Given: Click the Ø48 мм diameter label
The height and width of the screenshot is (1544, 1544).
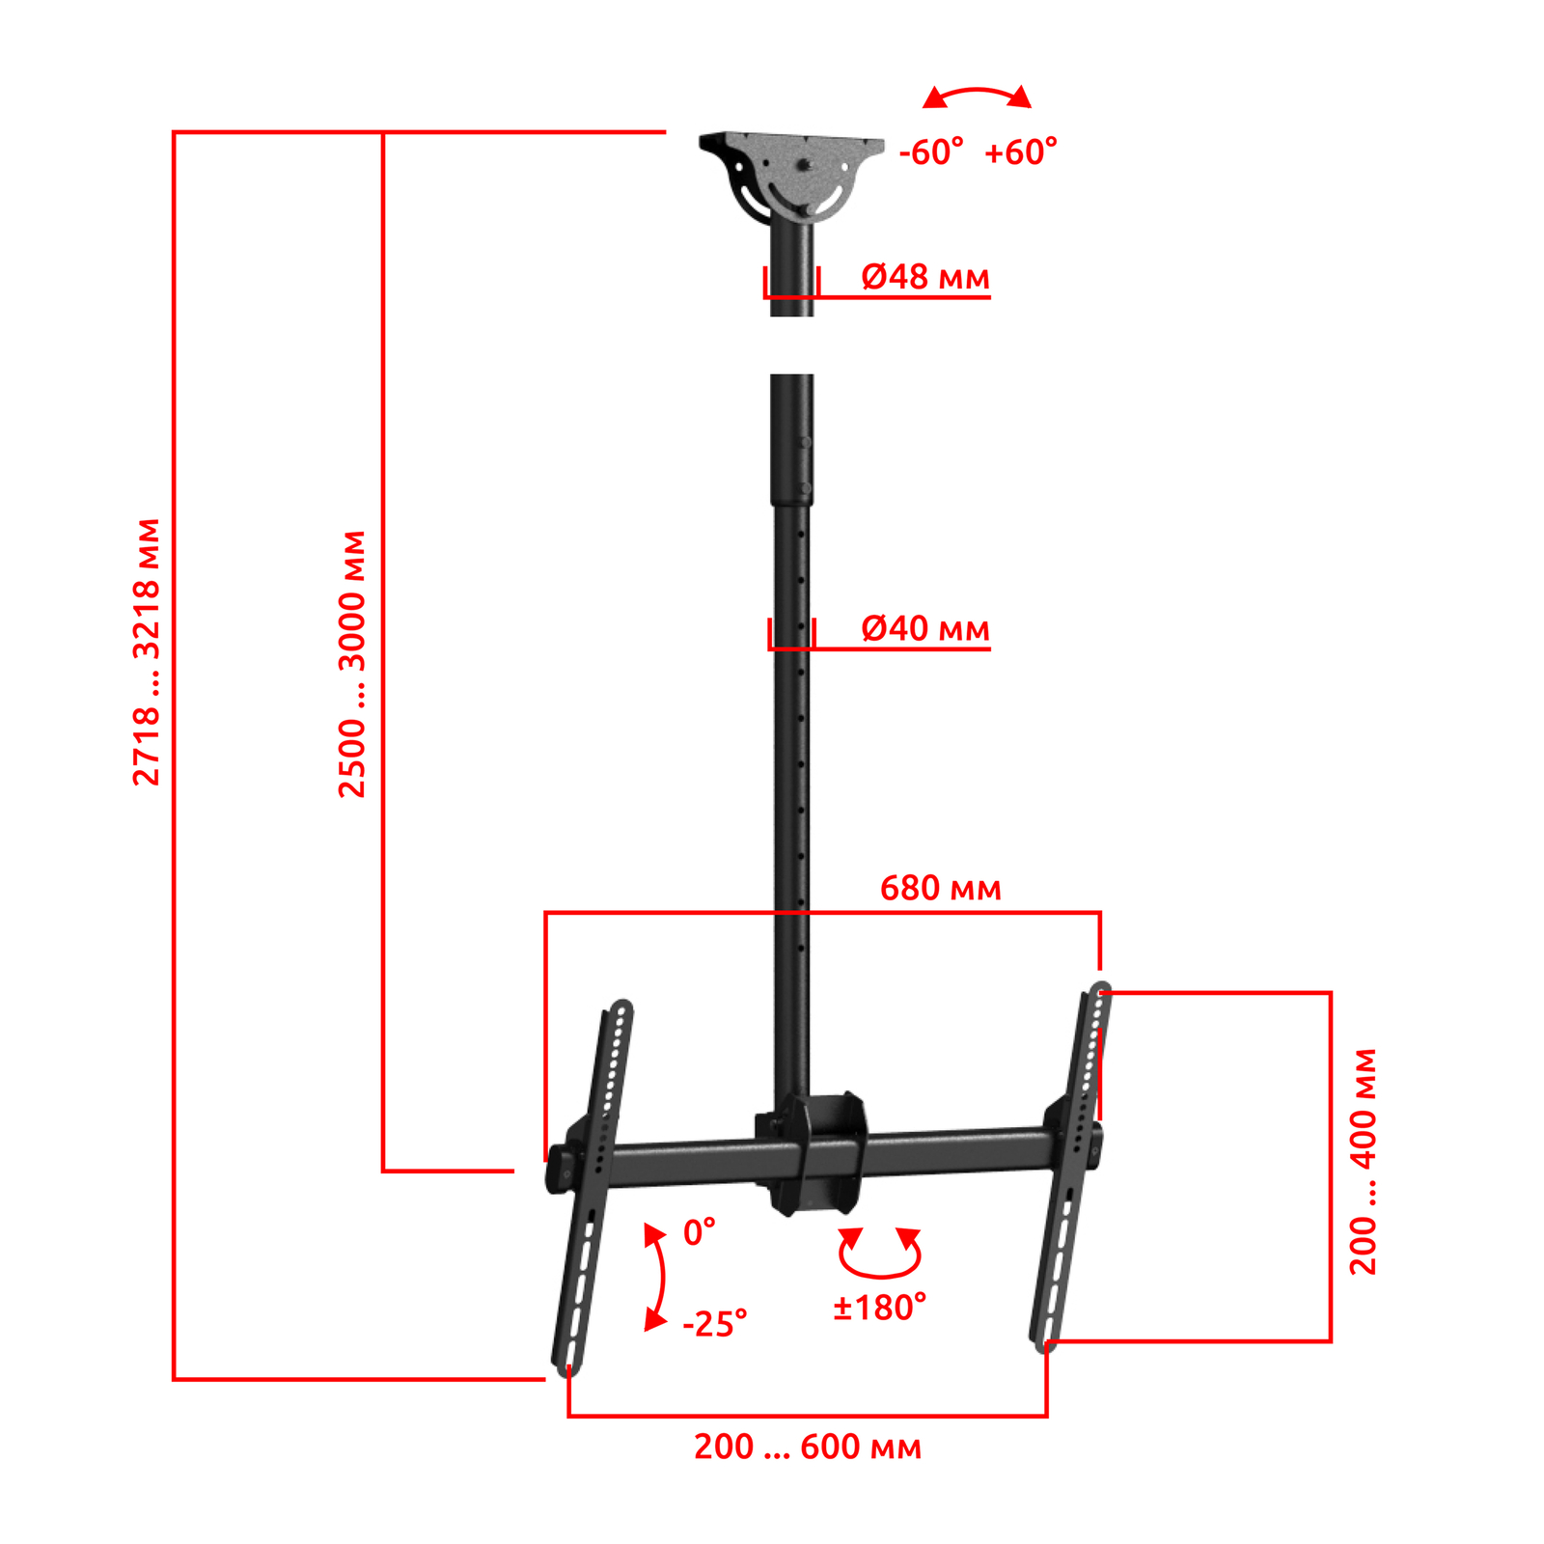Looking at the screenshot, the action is coord(924,278).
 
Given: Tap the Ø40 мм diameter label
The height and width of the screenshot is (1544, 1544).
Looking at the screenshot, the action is coord(924,629).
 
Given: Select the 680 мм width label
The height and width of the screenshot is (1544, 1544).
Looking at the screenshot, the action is coord(940,888).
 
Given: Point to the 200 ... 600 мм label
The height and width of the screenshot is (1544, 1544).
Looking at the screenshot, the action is coord(808,1447).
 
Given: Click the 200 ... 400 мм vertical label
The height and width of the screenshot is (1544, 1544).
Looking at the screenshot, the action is coord(1363,1162).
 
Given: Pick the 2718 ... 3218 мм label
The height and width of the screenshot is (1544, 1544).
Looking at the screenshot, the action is coord(147,652).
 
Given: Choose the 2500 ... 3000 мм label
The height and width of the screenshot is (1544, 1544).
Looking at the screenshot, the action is coord(352,664).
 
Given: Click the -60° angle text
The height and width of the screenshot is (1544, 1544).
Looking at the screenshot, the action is coord(931,152).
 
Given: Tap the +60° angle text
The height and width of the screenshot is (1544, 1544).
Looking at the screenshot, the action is coord(1021,152).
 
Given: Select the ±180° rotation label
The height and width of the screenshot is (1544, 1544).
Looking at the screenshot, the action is coord(880,1308).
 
